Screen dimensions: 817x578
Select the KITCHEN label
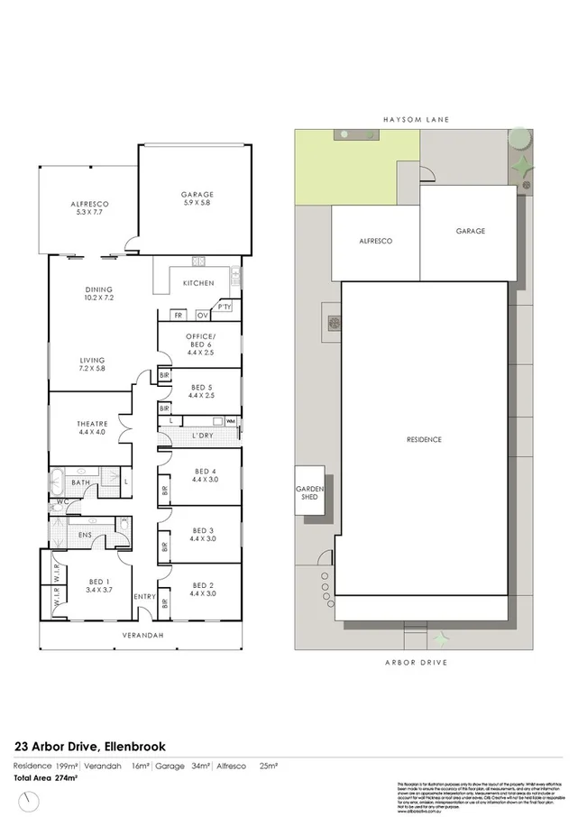coord(198,283)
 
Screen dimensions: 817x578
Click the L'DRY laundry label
coord(201,436)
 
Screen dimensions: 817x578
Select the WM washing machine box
coord(231,421)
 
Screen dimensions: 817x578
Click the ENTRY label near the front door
coord(144,597)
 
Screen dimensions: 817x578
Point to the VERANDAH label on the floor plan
coord(143,635)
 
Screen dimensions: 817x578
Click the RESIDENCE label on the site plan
coord(423,439)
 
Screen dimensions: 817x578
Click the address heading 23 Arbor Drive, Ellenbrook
coord(90,746)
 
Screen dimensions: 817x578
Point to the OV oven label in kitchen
coord(203,316)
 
